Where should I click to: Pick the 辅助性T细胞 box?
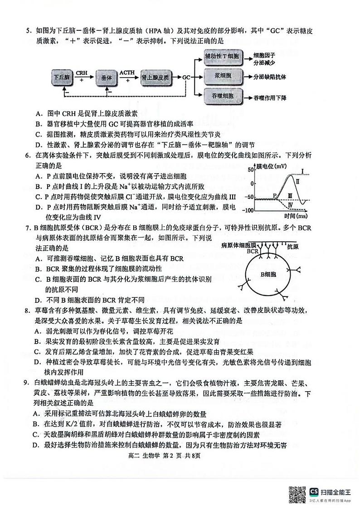(x=219, y=56)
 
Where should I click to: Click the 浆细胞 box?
(x=219, y=76)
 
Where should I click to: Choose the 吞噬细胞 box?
(x=219, y=97)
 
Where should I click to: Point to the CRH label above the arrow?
(x=82, y=73)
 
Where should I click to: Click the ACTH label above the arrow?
(x=127, y=73)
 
